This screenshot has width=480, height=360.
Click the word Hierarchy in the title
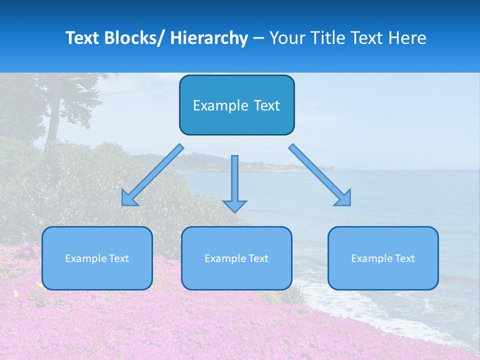209,38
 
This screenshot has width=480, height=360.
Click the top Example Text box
236,105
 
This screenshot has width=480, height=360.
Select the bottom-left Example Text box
97,258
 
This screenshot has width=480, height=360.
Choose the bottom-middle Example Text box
236,258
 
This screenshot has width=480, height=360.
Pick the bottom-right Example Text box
383,258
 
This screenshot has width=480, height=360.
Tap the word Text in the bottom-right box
404,258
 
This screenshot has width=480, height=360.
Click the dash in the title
258,39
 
